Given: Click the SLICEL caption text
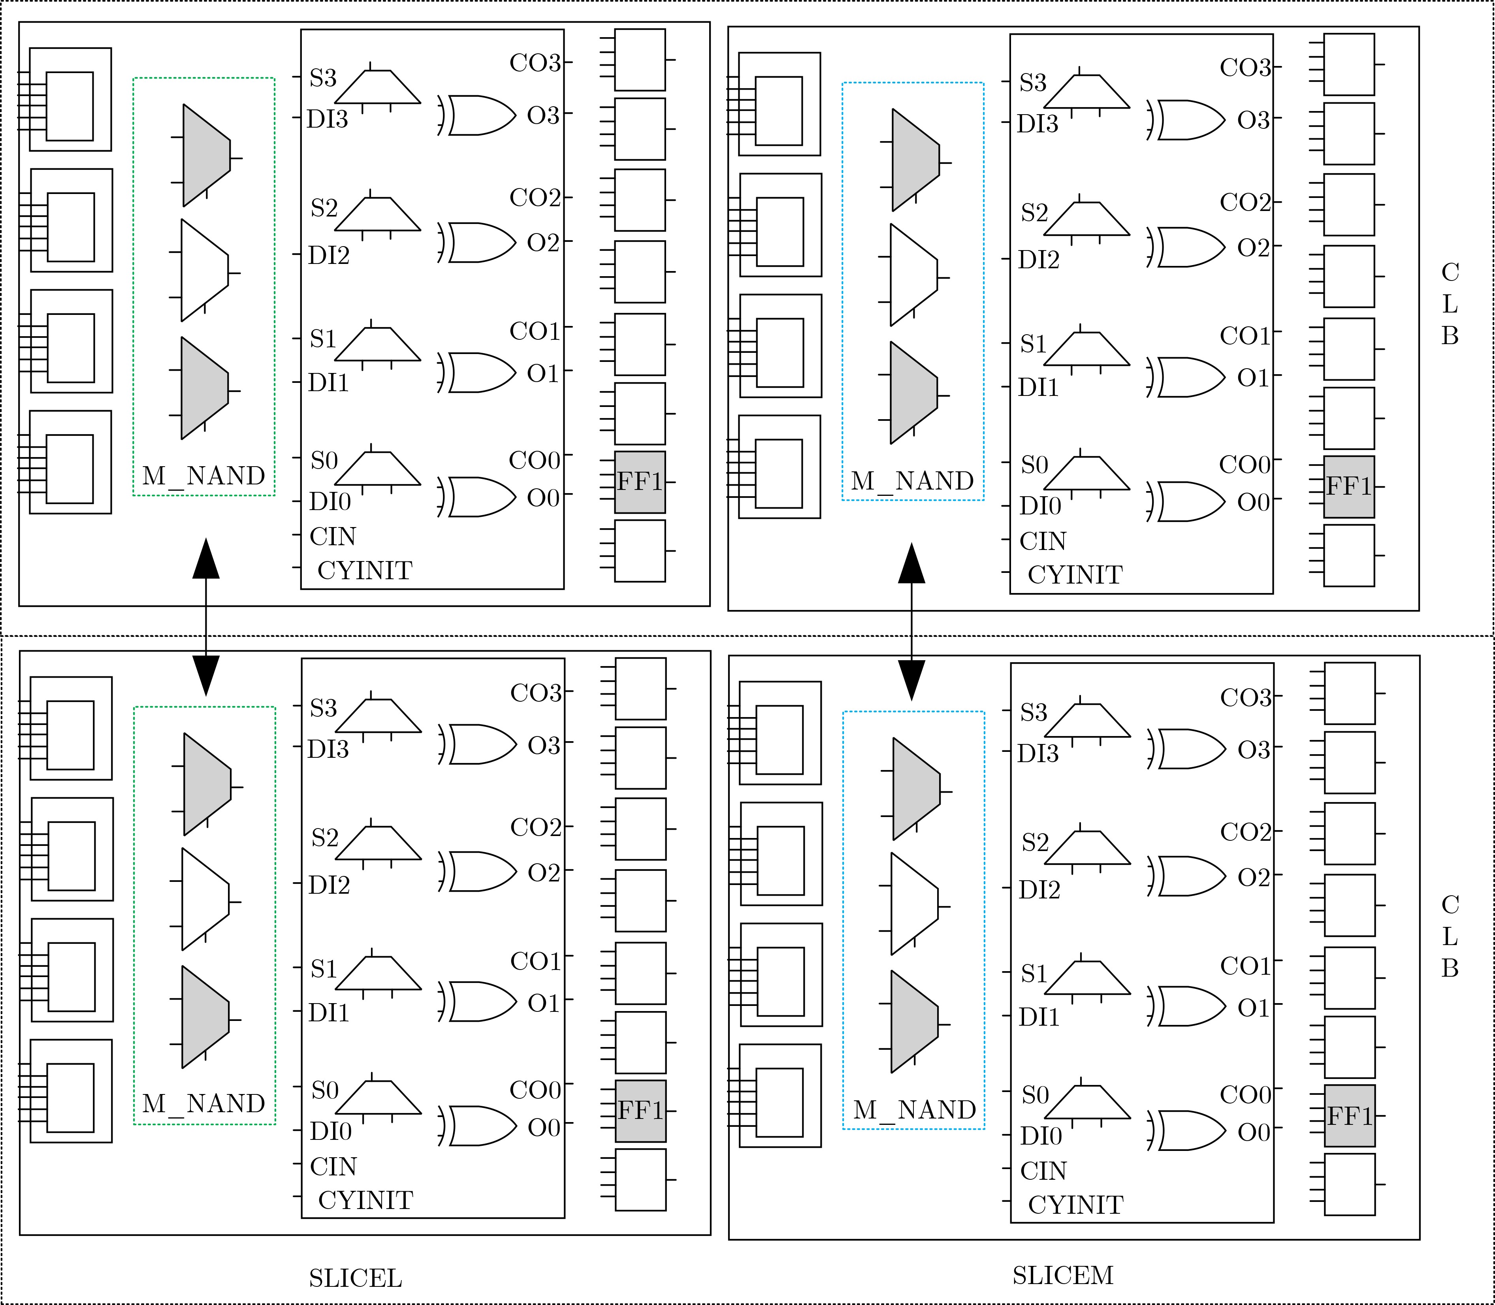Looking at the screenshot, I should (355, 1278).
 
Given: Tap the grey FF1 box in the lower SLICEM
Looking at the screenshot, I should (1349, 1116).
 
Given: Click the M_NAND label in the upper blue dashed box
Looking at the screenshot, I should (912, 481).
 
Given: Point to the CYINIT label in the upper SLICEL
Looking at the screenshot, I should (365, 570).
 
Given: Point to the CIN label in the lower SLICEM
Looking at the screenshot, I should (1043, 1171).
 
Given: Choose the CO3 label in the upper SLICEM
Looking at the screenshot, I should (1245, 68).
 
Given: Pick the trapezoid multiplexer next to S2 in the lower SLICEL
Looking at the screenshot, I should (378, 843).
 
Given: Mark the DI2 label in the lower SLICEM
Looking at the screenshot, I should (1039, 890).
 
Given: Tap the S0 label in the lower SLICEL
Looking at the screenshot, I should (325, 1090).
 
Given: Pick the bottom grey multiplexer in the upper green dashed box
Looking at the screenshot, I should (205, 388).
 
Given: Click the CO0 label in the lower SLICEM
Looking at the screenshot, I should (1245, 1094).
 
